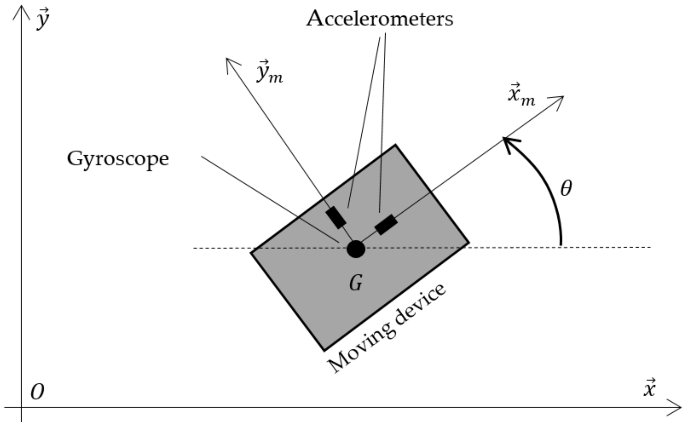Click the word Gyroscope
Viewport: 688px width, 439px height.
click(118, 159)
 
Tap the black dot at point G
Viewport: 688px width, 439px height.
click(356, 249)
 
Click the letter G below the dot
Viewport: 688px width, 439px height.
click(356, 282)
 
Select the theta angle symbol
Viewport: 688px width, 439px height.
click(566, 188)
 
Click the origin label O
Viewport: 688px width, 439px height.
click(37, 392)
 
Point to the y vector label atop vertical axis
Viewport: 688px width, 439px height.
click(43, 19)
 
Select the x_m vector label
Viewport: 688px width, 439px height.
click(521, 95)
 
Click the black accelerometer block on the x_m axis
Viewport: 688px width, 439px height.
click(386, 225)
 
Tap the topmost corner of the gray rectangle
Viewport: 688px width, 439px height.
click(395, 145)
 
